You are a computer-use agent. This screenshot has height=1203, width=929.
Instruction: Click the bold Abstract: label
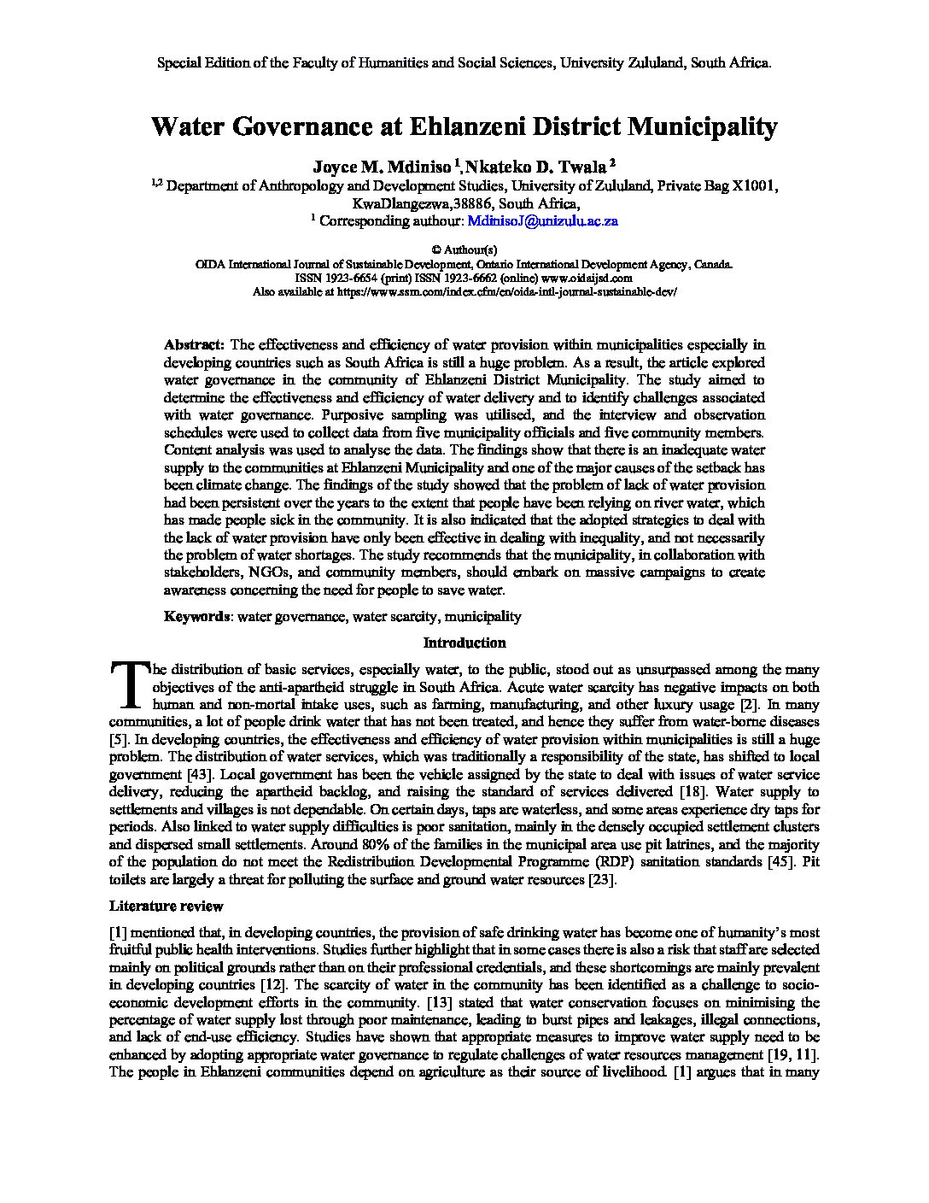coord(194,344)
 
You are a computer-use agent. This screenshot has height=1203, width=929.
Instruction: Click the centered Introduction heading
coord(464,643)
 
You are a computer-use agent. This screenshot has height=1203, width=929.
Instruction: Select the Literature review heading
coord(167,906)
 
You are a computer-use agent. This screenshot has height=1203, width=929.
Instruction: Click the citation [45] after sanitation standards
coord(765,862)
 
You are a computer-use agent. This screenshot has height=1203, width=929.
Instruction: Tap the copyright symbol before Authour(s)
coord(436,250)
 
